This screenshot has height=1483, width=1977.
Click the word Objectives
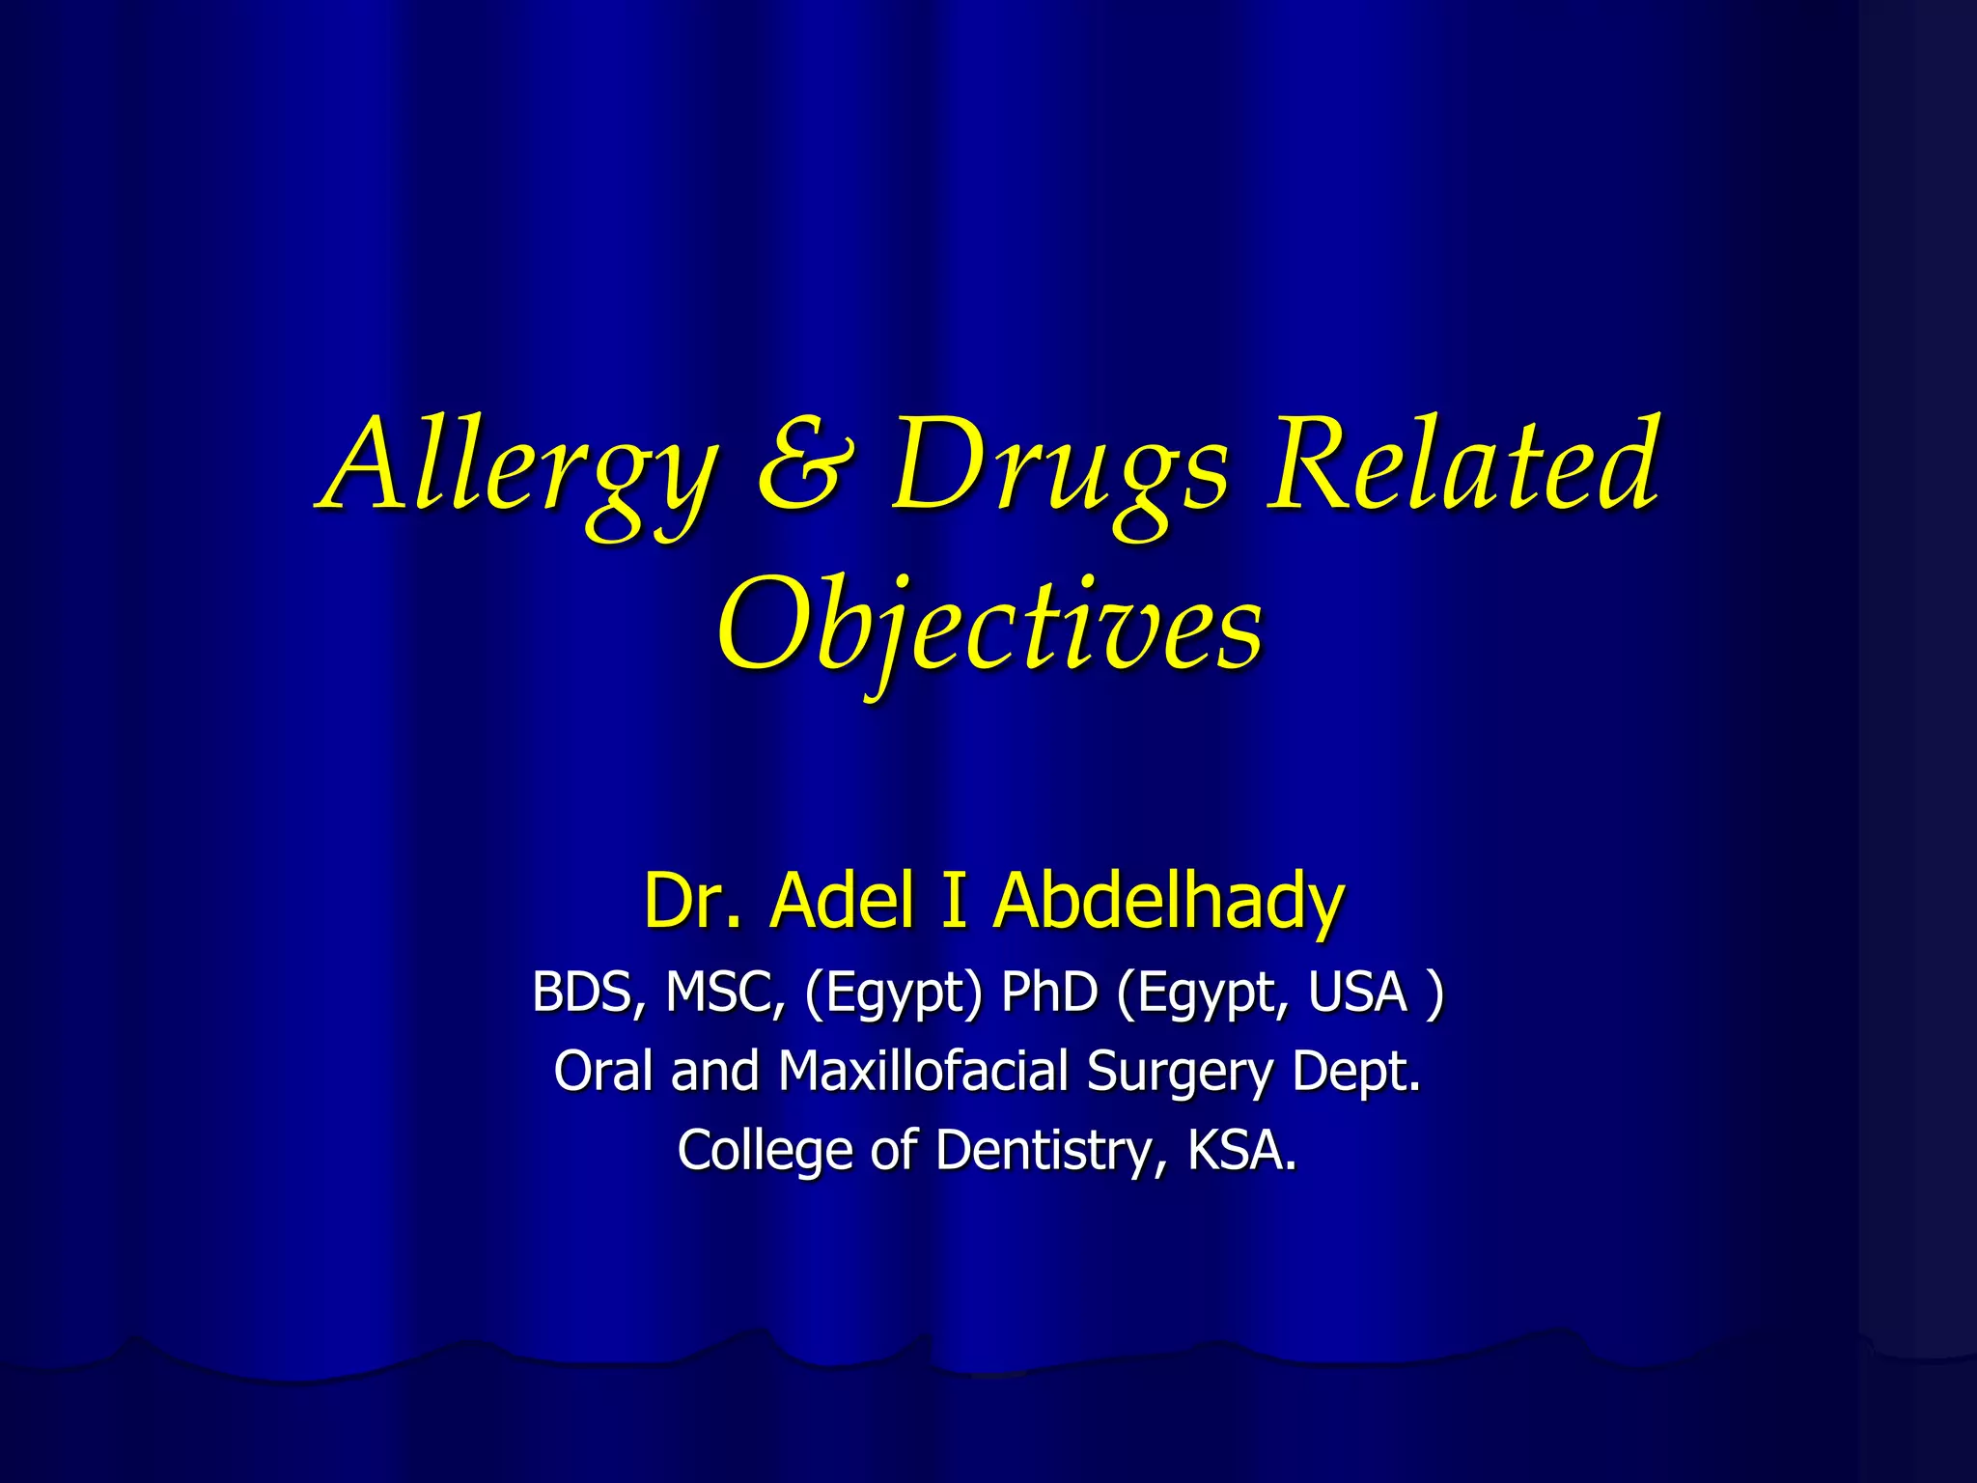pos(988,628)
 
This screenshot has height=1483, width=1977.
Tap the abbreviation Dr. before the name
pos(691,900)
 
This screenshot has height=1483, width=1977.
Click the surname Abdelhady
pos(1168,900)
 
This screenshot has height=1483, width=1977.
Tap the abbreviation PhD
pos(1048,992)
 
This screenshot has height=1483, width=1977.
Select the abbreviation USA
pos(1356,992)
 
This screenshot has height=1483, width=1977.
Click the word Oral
pos(603,1071)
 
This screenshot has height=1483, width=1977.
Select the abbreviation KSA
pos(1240,1151)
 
